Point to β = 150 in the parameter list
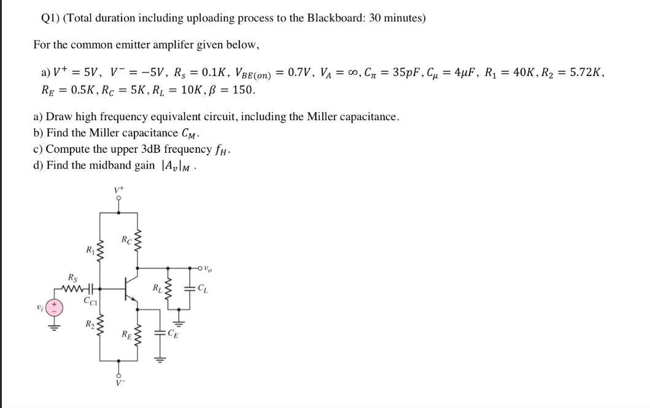(234, 90)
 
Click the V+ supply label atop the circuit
(118, 189)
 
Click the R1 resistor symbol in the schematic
(99, 251)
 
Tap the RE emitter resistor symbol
(137, 334)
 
